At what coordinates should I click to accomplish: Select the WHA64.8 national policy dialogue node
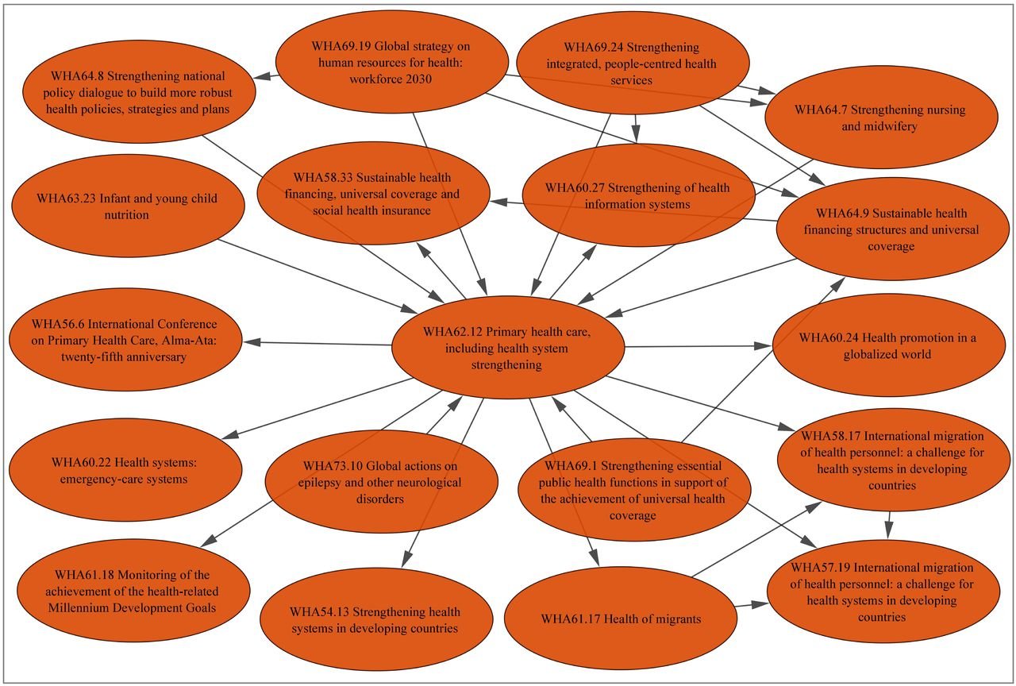(x=139, y=93)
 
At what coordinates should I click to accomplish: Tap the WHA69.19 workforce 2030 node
(x=391, y=64)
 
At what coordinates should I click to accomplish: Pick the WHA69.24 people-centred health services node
(x=632, y=64)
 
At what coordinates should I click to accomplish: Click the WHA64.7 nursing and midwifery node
(x=879, y=118)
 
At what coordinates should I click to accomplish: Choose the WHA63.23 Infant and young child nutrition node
(x=127, y=206)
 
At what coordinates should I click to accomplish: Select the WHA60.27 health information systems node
(x=637, y=195)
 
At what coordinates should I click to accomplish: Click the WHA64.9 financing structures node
(x=896, y=229)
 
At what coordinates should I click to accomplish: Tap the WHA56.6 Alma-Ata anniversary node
(x=125, y=341)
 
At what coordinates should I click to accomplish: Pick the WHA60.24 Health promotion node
(x=887, y=346)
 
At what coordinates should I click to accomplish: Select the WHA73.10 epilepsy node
(x=381, y=482)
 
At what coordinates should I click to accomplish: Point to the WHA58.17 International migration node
(x=892, y=461)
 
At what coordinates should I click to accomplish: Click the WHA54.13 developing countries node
(x=375, y=620)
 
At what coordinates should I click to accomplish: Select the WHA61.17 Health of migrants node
(x=621, y=619)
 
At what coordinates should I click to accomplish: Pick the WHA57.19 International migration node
(x=882, y=592)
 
